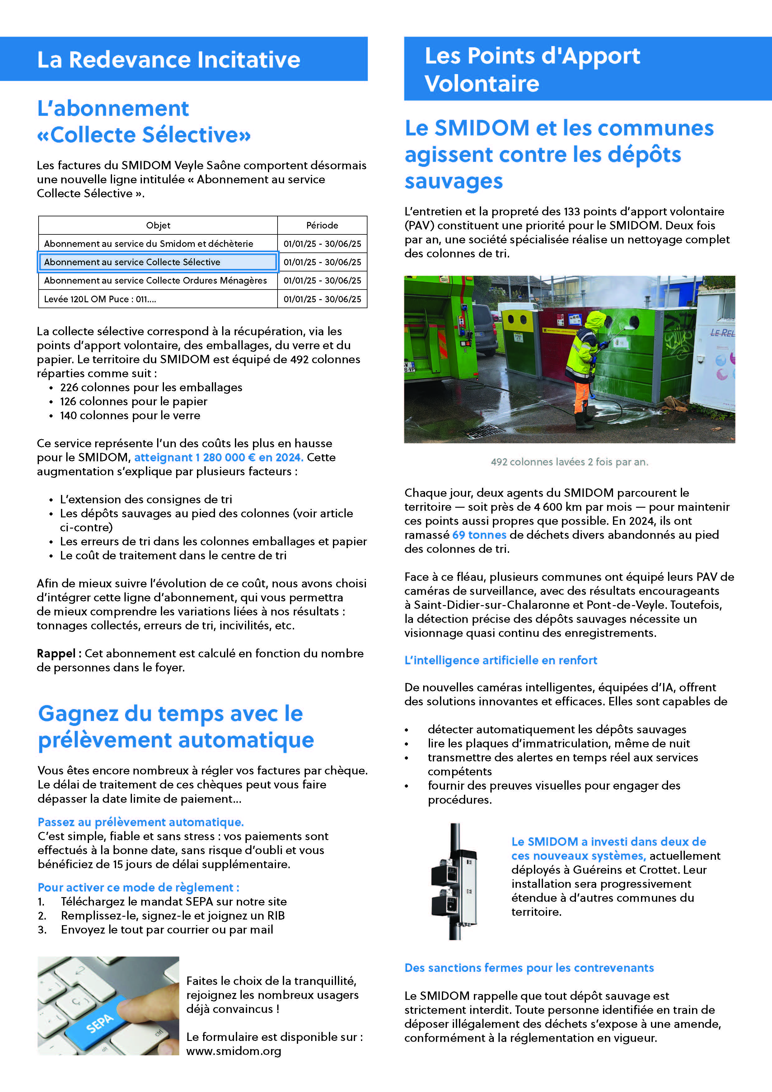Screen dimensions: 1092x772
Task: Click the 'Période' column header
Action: pos(322,225)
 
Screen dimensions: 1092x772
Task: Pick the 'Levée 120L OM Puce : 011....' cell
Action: pos(100,299)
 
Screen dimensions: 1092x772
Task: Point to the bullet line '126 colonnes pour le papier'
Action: pos(133,402)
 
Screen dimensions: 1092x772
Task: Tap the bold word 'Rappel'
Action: pos(56,653)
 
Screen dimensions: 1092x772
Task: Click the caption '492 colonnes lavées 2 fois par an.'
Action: pos(569,462)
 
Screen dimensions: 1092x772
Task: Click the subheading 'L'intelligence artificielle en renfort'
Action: pos(501,660)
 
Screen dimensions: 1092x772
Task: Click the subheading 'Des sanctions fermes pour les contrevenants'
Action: pos(529,968)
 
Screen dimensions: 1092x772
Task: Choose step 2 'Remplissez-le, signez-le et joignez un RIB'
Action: pos(173,915)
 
